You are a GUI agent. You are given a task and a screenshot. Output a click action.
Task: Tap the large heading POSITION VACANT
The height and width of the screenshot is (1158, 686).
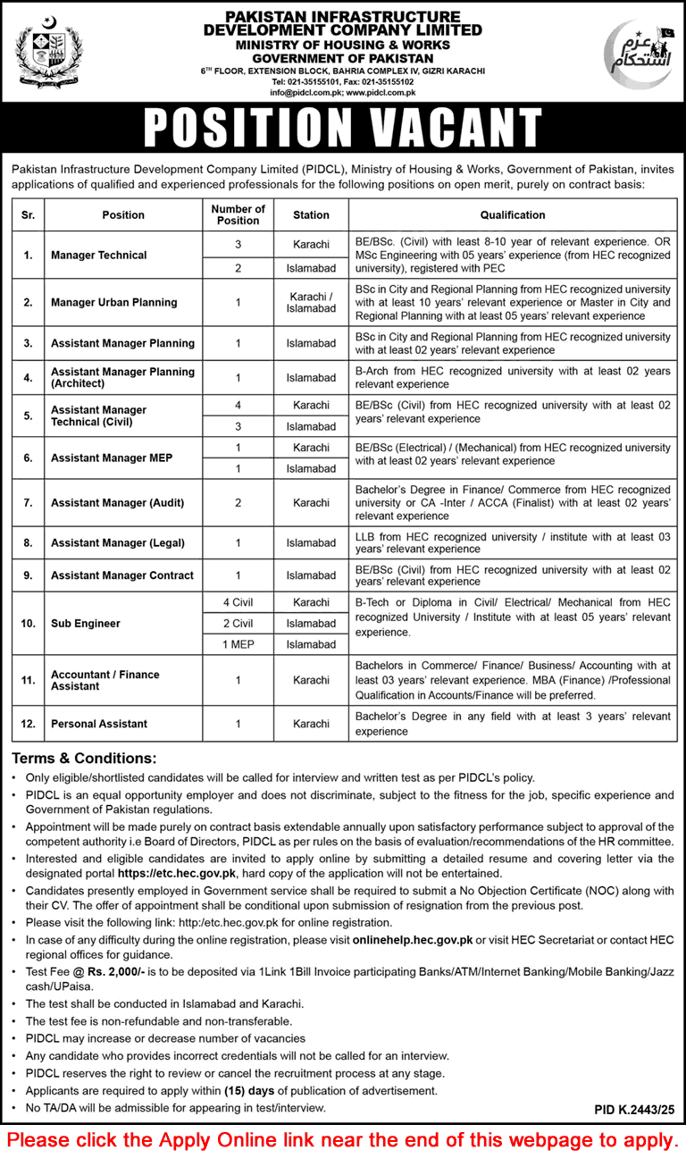[343, 129]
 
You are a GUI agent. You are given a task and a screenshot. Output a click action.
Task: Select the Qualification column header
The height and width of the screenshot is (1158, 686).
[512, 214]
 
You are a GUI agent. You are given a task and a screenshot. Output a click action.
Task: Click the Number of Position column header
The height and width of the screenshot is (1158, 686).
[238, 214]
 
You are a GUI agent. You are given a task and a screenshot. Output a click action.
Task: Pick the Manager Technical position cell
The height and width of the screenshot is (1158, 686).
[99, 255]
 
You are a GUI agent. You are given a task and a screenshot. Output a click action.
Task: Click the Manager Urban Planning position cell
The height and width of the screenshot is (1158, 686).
[114, 302]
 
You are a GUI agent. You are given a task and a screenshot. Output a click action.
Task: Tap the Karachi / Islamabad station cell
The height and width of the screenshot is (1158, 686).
[311, 302]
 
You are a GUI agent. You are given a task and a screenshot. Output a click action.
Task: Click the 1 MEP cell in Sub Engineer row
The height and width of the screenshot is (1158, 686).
[238, 644]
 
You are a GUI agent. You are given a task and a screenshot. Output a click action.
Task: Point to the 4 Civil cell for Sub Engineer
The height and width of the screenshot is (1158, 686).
[238, 603]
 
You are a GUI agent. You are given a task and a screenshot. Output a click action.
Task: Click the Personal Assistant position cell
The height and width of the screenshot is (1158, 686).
[99, 724]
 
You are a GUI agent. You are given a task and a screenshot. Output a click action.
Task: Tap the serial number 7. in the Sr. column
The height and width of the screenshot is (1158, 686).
[29, 502]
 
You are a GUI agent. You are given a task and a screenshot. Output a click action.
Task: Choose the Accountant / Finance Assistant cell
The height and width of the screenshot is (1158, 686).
[105, 680]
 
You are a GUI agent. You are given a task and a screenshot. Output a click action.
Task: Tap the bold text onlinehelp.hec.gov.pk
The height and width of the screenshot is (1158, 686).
[413, 940]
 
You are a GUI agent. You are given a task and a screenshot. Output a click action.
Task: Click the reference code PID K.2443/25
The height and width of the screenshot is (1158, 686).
[634, 1109]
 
